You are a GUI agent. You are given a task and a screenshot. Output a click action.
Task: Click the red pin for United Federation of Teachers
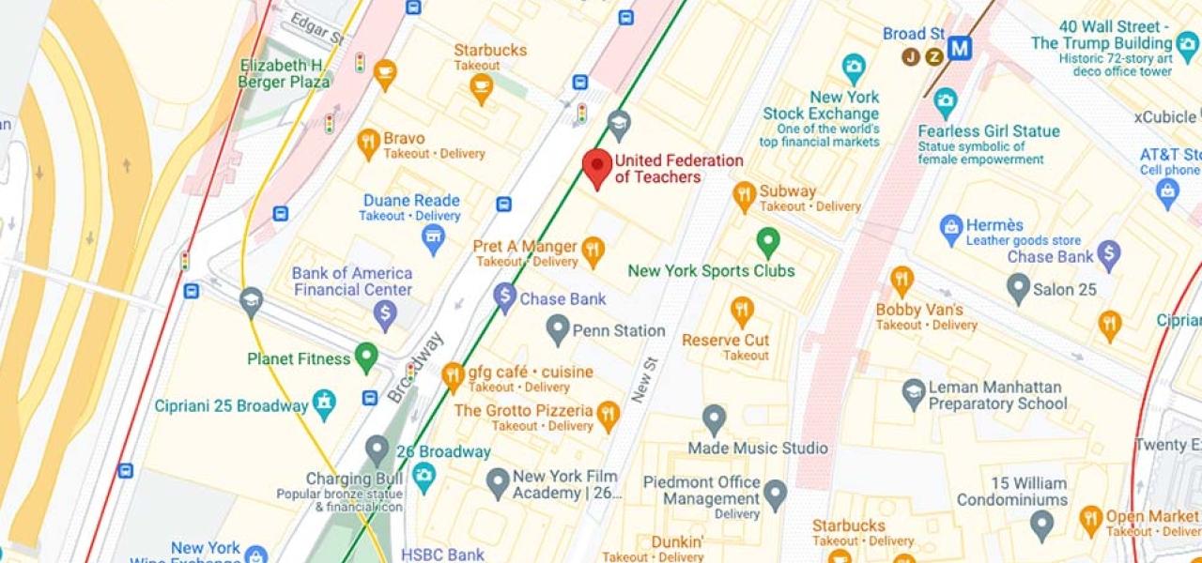597,167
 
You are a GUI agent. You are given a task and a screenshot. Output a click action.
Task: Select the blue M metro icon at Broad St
959,49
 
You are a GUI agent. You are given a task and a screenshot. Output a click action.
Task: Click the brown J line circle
910,56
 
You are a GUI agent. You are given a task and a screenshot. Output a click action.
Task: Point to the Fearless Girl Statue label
988,131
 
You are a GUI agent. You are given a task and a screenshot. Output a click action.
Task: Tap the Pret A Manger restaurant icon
592,250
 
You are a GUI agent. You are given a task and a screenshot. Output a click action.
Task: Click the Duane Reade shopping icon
433,238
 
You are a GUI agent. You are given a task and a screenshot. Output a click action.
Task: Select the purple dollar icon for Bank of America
385,314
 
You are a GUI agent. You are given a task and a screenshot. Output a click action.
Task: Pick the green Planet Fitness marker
366,357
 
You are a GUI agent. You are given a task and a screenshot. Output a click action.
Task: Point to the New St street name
645,379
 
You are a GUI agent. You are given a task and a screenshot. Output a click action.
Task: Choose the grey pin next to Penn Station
559,328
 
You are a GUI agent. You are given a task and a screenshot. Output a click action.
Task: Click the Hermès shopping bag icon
951,228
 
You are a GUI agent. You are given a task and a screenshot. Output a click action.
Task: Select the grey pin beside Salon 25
1018,287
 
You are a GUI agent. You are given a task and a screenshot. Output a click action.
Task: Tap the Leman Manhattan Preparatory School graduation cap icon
914,393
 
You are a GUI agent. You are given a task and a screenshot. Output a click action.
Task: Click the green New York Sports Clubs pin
768,242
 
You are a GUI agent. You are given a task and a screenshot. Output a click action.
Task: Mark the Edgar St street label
316,28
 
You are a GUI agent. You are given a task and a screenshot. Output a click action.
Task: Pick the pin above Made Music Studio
714,419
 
